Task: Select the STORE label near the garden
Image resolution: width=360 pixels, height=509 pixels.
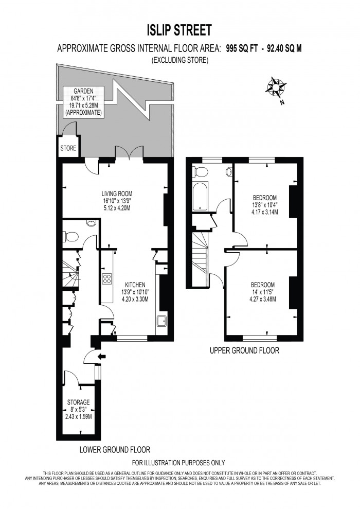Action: coord(68,149)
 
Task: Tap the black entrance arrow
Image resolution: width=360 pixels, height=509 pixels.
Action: coord(102,356)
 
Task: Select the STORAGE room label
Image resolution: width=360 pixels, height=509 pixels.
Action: coord(78,402)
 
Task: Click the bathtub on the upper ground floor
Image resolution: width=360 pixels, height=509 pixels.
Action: coord(200,197)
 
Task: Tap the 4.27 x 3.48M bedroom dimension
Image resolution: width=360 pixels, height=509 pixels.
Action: coord(262,299)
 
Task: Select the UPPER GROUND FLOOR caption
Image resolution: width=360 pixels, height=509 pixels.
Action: coord(244,352)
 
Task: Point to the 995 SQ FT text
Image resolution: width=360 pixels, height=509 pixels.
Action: coord(243,49)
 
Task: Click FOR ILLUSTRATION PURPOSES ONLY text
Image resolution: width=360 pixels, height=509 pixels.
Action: coord(178,463)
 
